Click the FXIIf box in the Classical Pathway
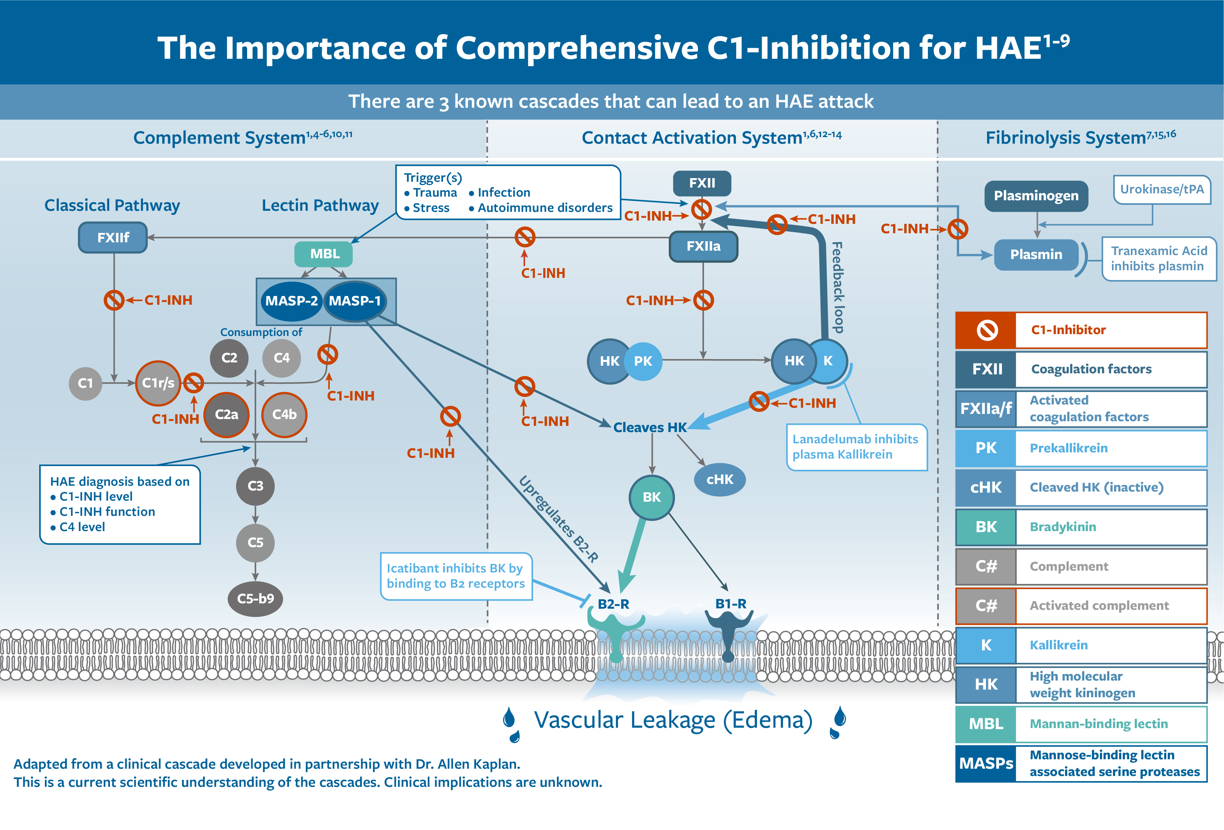[113, 238]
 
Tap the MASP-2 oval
[291, 301]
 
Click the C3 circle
[255, 486]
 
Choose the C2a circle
[226, 415]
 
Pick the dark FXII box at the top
[702, 183]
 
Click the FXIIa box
[703, 246]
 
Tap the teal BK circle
[651, 497]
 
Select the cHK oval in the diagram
[720, 479]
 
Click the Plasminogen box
[1036, 196]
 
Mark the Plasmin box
[1036, 254]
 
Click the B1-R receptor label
[730, 604]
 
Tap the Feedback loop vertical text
[838, 287]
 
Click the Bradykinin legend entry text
[1063, 527]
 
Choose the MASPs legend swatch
[986, 763]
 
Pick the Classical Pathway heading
[112, 205]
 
